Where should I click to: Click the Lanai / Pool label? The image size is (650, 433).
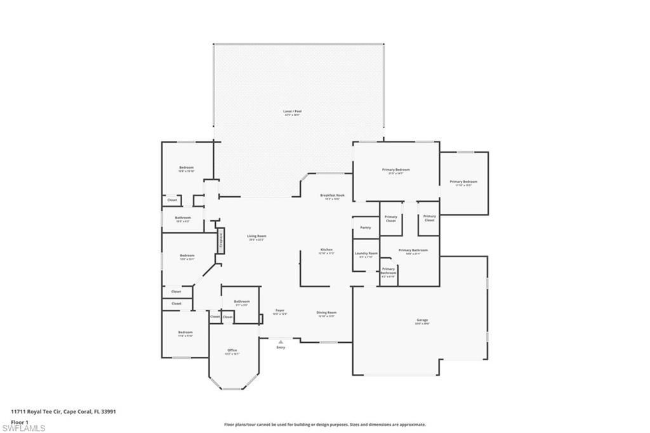(x=292, y=112)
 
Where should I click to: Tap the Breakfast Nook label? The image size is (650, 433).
(x=330, y=196)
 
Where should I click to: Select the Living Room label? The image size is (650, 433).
(x=256, y=236)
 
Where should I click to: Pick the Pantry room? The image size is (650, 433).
(x=365, y=227)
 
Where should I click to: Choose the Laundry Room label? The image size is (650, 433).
(x=366, y=254)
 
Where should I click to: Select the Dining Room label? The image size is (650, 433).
(x=326, y=312)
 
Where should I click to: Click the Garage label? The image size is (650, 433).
(x=422, y=320)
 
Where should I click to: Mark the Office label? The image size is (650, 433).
(x=232, y=350)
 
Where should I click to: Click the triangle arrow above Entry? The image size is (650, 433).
(x=281, y=342)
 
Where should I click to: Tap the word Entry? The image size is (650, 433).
(x=281, y=347)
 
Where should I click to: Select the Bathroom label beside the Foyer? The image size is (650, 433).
(x=241, y=302)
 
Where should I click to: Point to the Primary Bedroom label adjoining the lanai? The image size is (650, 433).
(x=395, y=170)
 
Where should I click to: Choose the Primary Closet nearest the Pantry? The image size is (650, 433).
(x=391, y=218)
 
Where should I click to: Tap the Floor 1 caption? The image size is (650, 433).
(x=18, y=421)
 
